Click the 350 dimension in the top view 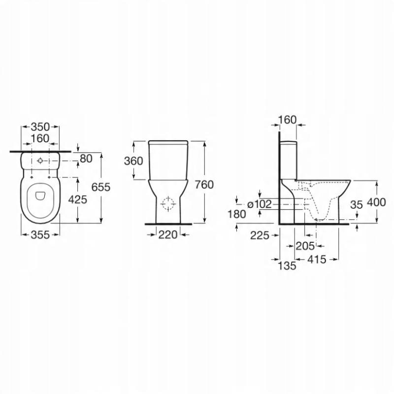40,127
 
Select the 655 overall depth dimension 101,187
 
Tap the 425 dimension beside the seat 78,199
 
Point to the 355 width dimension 40,235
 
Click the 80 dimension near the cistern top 86,159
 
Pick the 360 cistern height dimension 133,161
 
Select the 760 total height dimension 204,185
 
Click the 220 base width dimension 168,235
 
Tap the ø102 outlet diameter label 260,204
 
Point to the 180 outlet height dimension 237,214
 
